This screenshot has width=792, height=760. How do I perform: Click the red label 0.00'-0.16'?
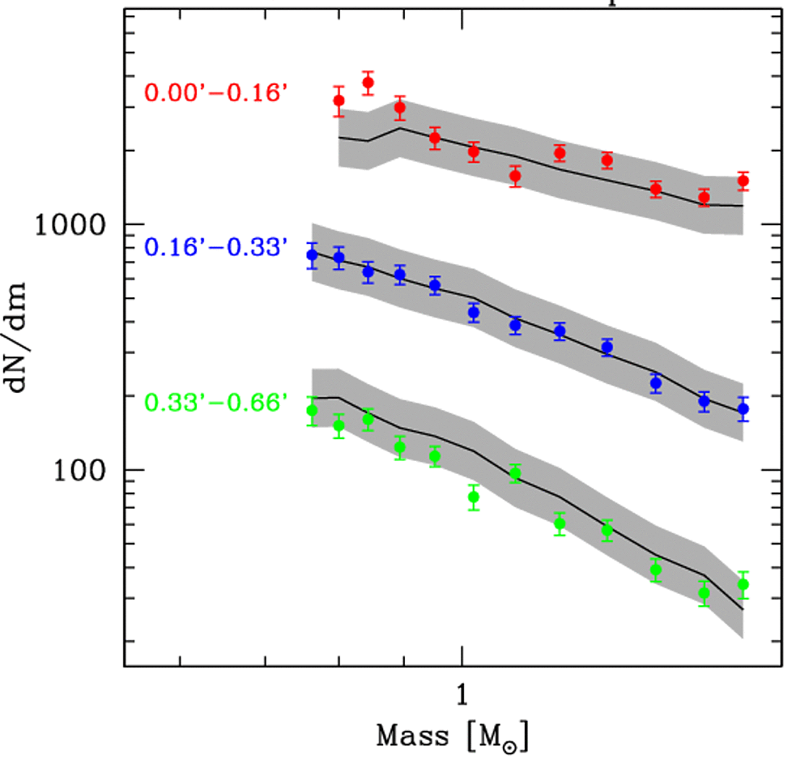tap(216, 92)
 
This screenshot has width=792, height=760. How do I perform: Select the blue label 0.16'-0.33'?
tap(216, 247)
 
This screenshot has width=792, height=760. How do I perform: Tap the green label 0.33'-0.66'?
tap(216, 401)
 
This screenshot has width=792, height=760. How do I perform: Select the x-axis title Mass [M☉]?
tap(453, 737)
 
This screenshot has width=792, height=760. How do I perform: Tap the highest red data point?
tap(368, 83)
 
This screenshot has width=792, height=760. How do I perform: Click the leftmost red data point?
tap(339, 100)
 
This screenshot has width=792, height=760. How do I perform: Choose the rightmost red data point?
tap(743, 181)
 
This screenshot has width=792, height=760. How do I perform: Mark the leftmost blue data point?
tap(313, 255)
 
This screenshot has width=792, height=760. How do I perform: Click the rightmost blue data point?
tap(743, 409)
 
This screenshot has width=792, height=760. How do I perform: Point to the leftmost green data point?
tap(313, 411)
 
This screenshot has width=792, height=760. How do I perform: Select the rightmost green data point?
tap(743, 584)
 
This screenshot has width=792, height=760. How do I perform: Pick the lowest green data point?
tap(705, 593)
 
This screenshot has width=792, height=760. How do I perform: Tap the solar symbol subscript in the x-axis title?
tap(516, 744)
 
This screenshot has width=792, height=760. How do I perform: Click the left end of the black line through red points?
tap(339, 138)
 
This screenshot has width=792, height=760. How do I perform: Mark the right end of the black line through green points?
tap(743, 609)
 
